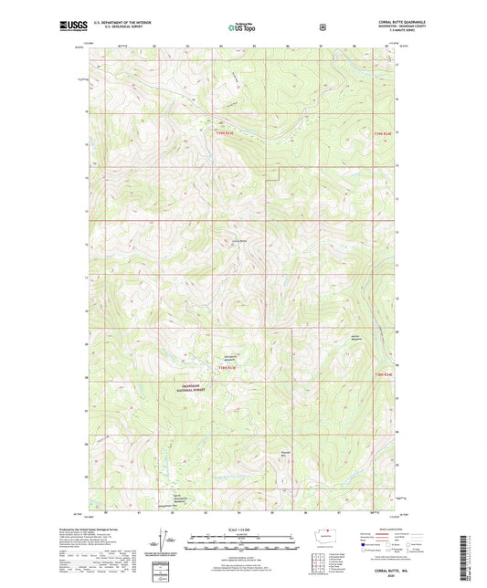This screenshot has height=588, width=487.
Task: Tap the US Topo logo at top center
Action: click(242, 27)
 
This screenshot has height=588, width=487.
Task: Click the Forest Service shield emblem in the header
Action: click(322, 26)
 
